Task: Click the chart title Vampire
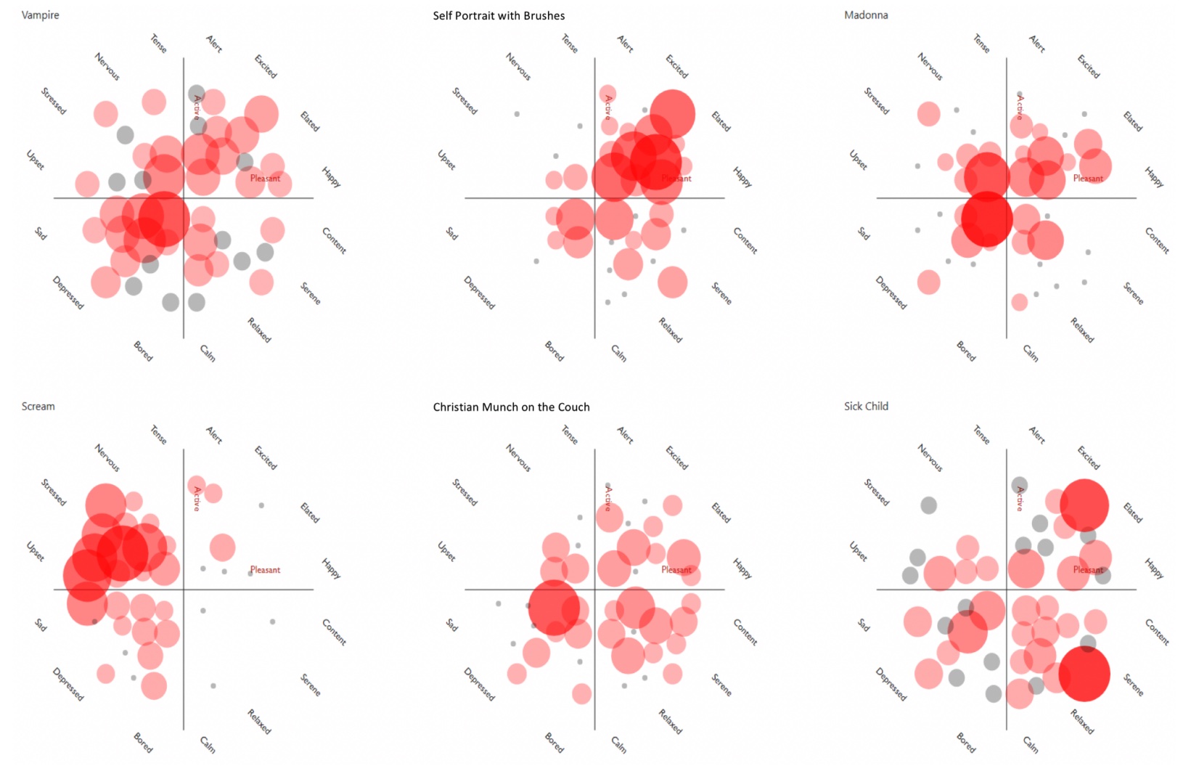[41, 15]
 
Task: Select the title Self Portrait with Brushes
[499, 16]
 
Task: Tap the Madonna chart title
[866, 15]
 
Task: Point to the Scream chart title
[38, 407]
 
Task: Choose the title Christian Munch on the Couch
[511, 407]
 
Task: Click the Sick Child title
[866, 407]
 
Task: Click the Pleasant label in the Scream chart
[265, 570]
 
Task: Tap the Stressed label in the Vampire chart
[54, 101]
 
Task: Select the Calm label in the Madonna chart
[1031, 353]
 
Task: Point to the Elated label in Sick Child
[1133, 513]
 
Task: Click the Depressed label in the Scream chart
[68, 684]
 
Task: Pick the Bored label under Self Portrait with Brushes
[554, 351]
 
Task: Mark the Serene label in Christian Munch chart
[721, 685]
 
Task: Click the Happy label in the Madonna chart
[1154, 177]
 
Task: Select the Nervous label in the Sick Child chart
[930, 457]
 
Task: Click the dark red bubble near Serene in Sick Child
[1084, 674]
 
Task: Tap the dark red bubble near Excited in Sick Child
[1084, 504]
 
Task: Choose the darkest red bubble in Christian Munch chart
[554, 607]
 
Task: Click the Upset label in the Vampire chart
[36, 160]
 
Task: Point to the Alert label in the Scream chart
[214, 435]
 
